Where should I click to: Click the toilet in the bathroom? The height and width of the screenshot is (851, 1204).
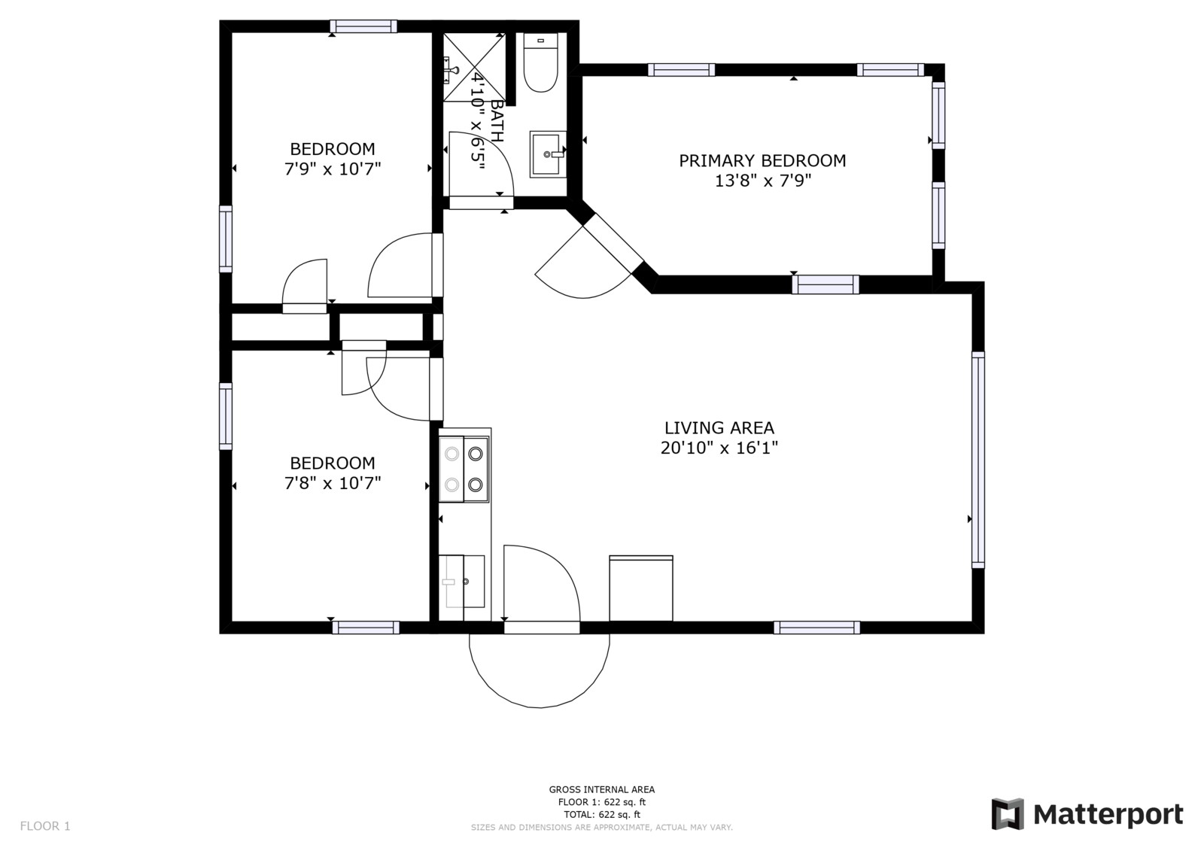tap(541, 62)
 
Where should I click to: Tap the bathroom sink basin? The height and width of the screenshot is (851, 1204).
tap(548, 154)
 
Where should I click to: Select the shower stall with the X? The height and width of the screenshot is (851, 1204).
tap(474, 67)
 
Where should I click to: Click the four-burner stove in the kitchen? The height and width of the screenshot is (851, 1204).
tap(464, 470)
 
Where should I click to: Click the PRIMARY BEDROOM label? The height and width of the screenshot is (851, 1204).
tap(762, 161)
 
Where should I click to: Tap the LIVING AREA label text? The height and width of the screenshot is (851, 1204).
tap(719, 428)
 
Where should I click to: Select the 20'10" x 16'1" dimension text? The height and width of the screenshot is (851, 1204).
tap(719, 448)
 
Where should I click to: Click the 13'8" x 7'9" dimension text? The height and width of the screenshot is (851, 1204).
tap(762, 181)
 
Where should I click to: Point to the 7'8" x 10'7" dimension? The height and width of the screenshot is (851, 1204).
tap(333, 483)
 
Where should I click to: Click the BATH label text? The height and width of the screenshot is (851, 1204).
tap(497, 121)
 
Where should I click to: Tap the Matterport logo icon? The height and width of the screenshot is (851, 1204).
tap(1008, 814)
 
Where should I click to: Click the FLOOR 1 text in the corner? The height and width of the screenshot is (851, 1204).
tap(45, 826)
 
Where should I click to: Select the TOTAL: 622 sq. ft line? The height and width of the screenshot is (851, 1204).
tap(602, 814)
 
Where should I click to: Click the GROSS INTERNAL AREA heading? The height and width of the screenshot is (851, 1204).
tap(602, 790)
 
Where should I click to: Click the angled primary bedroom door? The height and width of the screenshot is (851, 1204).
tap(613, 243)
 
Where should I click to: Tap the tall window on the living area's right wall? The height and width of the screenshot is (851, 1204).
tap(978, 460)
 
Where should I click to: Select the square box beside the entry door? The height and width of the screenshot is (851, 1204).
tap(641, 588)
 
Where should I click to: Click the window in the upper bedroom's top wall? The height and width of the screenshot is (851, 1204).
tap(363, 26)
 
